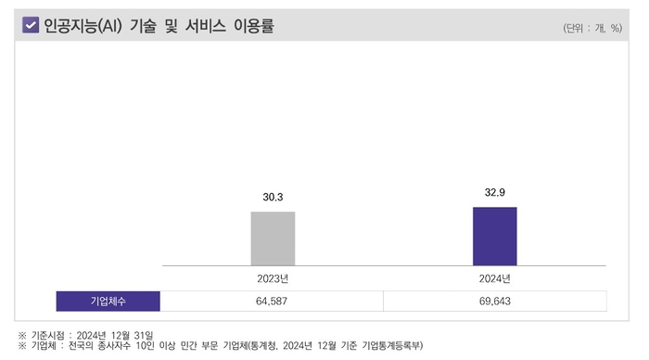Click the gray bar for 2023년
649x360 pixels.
click(273, 238)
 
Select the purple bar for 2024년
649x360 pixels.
click(494, 236)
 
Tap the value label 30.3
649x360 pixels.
click(273, 198)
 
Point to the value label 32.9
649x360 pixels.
click(494, 192)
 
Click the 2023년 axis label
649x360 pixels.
click(273, 277)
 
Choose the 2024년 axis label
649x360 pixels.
click(494, 277)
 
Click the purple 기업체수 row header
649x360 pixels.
click(108, 302)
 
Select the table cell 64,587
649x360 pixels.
click(272, 302)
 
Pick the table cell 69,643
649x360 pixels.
click(494, 302)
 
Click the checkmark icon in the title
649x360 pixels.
click(30, 26)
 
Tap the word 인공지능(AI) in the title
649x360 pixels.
click(77, 26)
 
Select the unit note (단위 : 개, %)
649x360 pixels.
click(592, 28)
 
